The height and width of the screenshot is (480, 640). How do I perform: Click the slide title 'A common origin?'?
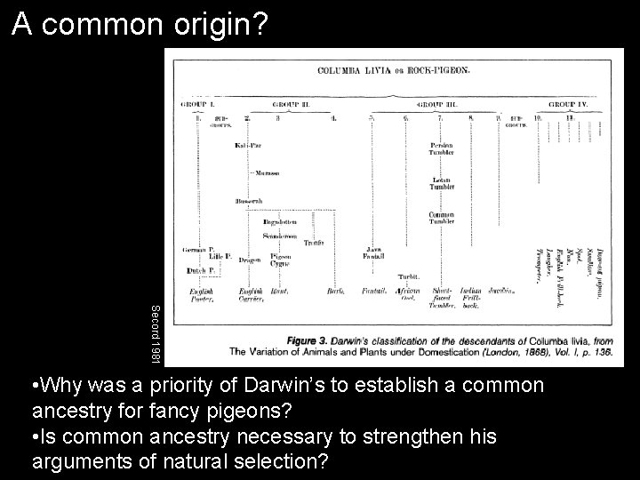(140, 25)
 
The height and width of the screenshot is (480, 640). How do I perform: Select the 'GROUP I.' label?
(198, 103)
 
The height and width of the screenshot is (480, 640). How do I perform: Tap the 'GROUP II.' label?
(290, 103)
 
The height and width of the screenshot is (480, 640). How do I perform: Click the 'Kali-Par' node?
(249, 145)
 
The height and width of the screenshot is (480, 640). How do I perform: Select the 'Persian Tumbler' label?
(442, 149)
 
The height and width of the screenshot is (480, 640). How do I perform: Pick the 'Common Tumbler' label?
(442, 218)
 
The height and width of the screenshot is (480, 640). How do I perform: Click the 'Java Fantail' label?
(373, 252)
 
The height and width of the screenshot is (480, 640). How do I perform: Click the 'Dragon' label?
(250, 260)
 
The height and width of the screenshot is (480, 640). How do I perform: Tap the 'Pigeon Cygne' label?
(280, 260)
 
